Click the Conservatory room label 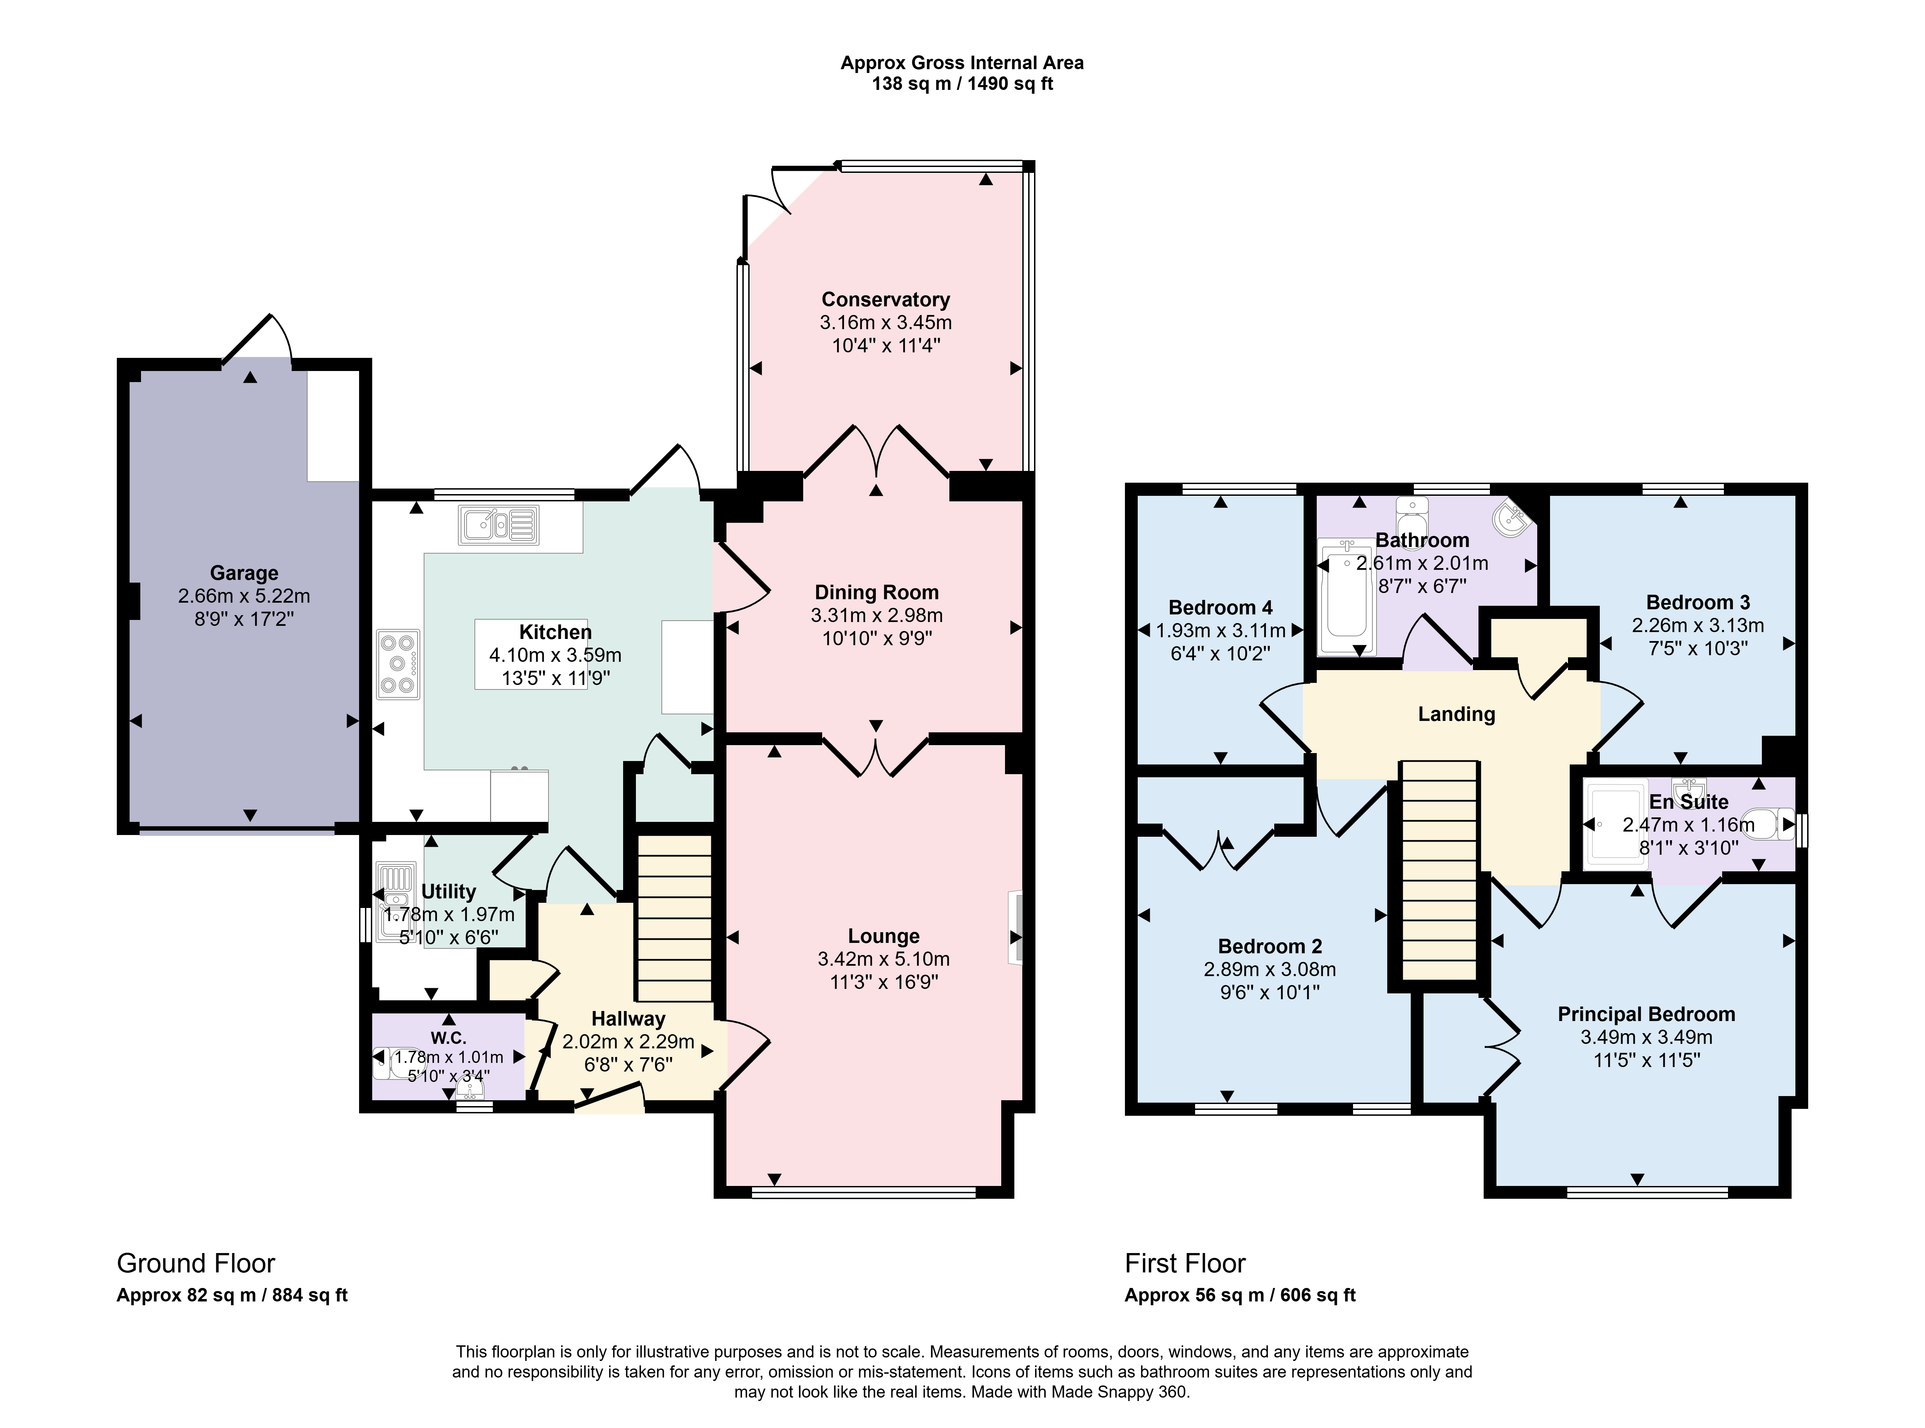point(885,300)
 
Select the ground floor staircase point(674,918)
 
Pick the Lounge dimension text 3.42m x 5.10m point(883,958)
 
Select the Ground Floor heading point(196,1264)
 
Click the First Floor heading point(1185,1264)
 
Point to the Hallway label point(628,1019)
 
